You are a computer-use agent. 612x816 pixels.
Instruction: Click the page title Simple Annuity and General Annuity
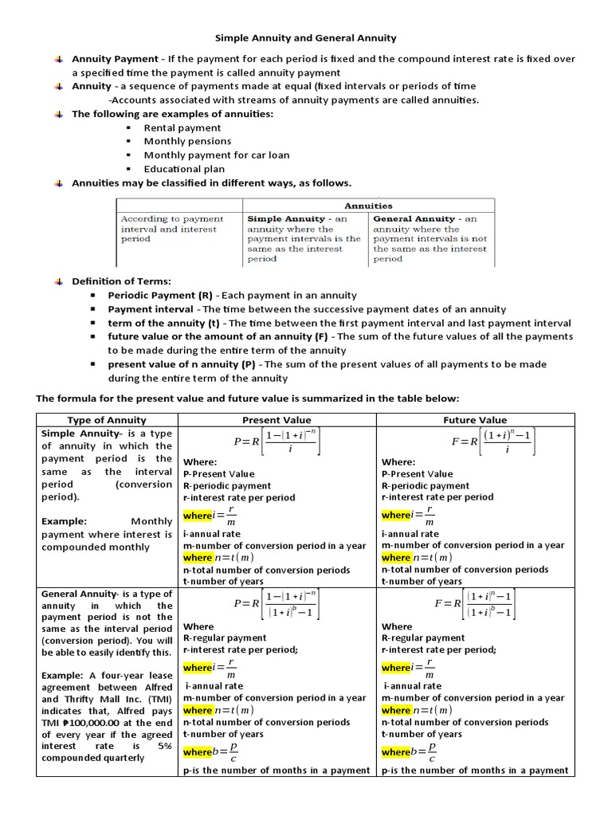pos(307,37)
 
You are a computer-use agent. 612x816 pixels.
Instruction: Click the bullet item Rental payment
pos(182,127)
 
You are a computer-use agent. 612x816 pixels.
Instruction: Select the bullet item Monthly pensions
pos(185,141)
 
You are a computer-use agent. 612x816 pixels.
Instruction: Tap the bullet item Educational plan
pos(184,169)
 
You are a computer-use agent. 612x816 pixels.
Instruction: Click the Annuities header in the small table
pos(367,206)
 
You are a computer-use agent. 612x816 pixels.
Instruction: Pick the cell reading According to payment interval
pos(171,218)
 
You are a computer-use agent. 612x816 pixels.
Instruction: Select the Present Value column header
pos(277,420)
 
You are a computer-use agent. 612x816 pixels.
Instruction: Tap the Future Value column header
pos(475,420)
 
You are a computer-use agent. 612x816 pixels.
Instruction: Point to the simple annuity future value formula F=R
pos(476,441)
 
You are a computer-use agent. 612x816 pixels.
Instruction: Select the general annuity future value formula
pos(476,605)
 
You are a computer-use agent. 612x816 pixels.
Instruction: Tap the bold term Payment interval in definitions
pos(151,309)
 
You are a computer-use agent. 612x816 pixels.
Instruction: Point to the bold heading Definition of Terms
pos(120,281)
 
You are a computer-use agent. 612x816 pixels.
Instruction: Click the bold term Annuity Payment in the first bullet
pos(115,59)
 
